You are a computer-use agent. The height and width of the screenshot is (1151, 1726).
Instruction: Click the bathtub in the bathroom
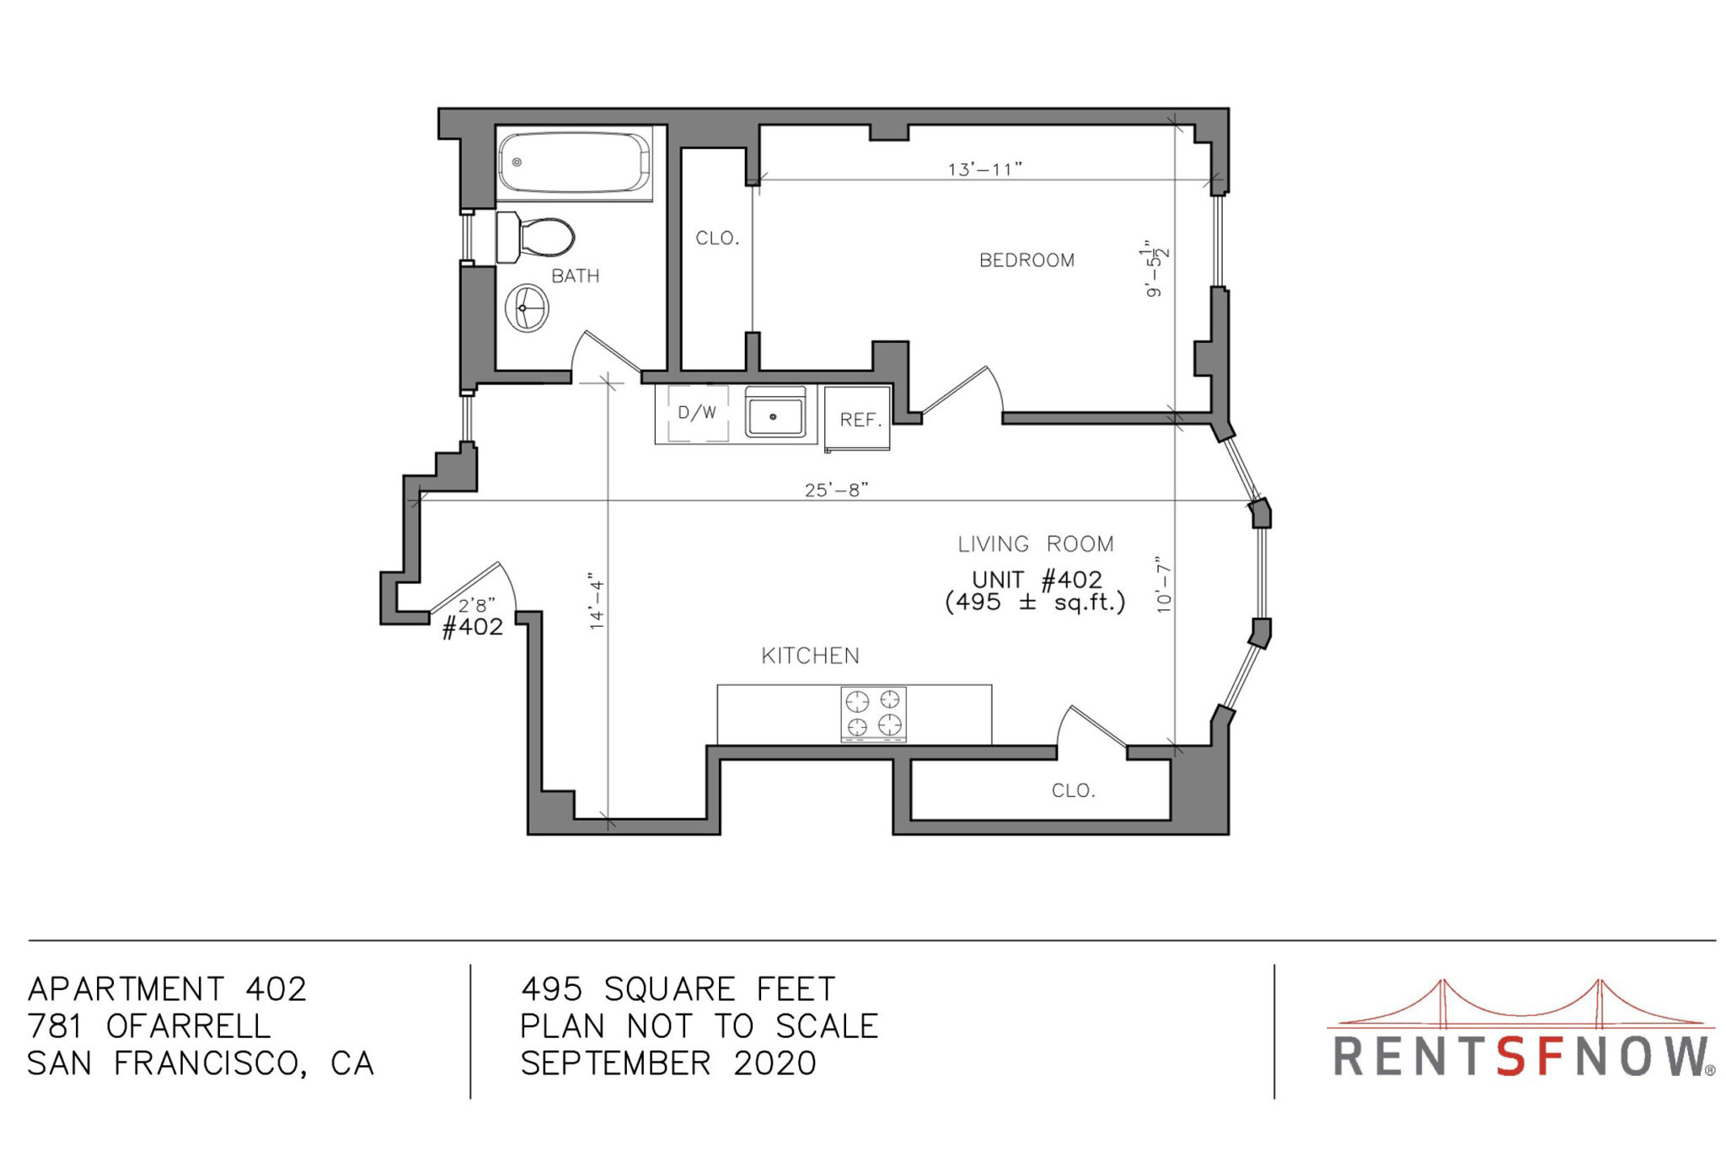[x=575, y=163]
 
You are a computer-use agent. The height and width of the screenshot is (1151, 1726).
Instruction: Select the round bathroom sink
[x=527, y=308]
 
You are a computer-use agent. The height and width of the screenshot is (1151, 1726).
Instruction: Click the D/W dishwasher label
[x=697, y=413]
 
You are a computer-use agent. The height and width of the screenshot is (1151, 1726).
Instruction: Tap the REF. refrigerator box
[x=857, y=419]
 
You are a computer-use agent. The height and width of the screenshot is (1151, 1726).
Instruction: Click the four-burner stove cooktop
[x=873, y=714]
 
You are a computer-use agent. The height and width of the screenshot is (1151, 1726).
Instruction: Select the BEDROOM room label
[x=1026, y=260]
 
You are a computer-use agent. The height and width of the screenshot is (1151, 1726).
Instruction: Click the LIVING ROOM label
[x=1035, y=544]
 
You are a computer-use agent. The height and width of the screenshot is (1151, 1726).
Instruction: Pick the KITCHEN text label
[x=810, y=656]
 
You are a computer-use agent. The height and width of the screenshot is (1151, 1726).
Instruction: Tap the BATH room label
[x=575, y=276]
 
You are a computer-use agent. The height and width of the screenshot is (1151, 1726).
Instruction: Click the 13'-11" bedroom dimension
[x=984, y=169]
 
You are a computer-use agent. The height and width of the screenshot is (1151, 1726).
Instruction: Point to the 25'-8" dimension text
[x=836, y=490]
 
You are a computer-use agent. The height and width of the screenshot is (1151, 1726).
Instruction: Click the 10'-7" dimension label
[x=1164, y=584]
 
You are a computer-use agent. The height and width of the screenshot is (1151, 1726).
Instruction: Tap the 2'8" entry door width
[x=476, y=605]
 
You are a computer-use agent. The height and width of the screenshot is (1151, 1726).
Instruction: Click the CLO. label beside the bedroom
[x=717, y=238]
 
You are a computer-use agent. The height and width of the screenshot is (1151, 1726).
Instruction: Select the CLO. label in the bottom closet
[x=1073, y=790]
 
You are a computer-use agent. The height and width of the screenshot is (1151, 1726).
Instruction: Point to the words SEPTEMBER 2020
[x=668, y=1063]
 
